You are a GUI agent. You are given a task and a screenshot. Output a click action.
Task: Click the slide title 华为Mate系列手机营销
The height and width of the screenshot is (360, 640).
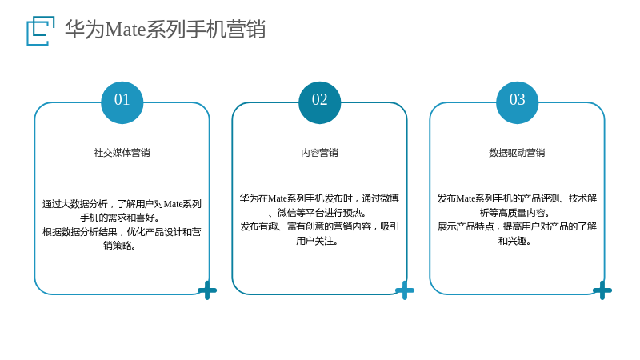point(166,30)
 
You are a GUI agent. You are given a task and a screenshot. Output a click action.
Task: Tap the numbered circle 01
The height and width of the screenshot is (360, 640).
point(122,102)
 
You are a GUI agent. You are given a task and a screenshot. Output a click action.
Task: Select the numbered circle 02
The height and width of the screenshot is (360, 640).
point(319,102)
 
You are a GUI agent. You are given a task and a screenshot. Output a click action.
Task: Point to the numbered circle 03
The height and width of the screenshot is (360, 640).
point(517,102)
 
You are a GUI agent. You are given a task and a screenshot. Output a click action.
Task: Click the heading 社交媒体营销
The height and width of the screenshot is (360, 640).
point(122,153)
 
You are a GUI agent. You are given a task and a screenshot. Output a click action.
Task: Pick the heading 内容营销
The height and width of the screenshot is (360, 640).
point(319,153)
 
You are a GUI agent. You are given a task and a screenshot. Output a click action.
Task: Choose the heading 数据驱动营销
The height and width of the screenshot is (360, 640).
point(517,153)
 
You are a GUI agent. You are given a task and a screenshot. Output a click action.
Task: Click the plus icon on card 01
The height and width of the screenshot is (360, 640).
point(207,290)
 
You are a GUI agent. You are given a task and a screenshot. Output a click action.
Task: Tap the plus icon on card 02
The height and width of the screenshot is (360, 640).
point(405,290)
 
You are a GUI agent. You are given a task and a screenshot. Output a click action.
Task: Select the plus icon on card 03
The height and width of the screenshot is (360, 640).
point(602,290)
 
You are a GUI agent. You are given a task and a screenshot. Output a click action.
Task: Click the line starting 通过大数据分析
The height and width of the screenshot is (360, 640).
point(122,204)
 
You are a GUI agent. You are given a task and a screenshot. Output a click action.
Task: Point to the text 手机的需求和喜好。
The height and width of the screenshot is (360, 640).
point(119,218)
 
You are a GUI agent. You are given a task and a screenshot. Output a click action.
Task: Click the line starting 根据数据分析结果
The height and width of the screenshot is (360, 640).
point(122,232)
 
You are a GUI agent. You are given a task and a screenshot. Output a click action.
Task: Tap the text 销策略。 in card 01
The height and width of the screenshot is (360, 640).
point(119,246)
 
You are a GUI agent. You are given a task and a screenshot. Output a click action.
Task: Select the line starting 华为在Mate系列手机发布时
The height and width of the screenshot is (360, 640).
point(319,198)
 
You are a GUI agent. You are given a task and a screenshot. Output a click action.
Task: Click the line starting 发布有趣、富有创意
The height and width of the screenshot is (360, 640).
point(319,226)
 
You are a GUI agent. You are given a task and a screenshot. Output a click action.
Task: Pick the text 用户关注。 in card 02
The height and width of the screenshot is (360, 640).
point(317,241)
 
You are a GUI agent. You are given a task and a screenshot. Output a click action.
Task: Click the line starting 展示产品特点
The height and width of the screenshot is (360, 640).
point(517,226)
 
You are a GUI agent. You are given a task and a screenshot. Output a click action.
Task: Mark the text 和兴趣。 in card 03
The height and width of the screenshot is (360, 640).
point(514,241)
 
